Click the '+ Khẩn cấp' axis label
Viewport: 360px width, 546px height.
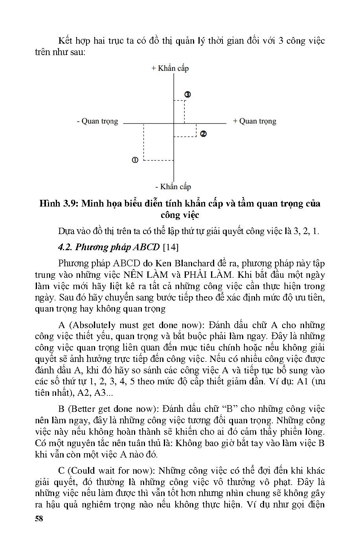170,68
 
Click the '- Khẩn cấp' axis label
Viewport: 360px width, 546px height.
173,186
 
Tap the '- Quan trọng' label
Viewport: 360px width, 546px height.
97,121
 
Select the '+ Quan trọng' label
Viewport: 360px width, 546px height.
255,121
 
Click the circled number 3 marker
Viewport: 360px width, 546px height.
187,94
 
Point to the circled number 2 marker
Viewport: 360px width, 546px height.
203,134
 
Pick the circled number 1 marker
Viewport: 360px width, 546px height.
135,160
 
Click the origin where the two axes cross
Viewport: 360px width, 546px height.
174,123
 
